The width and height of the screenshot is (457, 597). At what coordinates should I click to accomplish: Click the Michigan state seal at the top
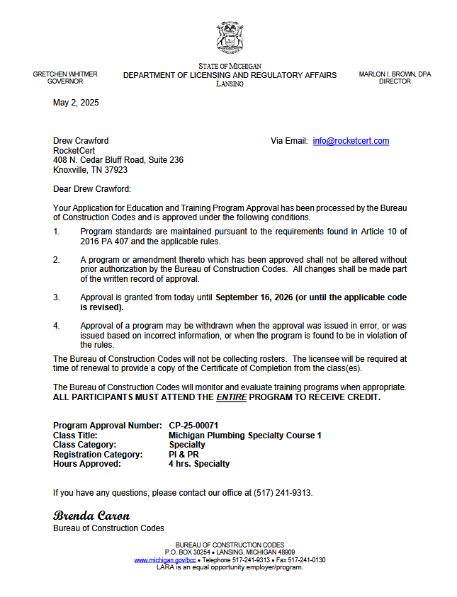(x=230, y=38)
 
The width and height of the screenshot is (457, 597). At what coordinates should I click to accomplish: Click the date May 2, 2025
(x=76, y=103)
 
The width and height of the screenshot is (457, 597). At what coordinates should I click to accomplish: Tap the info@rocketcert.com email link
(x=351, y=141)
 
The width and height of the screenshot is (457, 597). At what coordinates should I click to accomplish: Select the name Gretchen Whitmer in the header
(x=65, y=74)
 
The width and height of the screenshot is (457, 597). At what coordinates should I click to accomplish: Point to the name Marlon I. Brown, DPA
(x=395, y=74)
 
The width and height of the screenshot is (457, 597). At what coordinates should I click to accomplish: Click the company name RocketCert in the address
(x=74, y=151)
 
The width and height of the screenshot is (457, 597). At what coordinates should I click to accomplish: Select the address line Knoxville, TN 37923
(x=91, y=170)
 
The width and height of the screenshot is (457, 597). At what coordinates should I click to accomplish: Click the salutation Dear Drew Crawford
(x=92, y=189)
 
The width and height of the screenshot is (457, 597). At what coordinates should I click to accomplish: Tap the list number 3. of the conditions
(x=57, y=297)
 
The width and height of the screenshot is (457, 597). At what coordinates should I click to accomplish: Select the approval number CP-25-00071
(x=193, y=426)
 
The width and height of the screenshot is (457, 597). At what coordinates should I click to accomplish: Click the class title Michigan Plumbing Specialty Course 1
(x=245, y=436)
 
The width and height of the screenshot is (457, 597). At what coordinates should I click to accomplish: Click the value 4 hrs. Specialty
(x=199, y=464)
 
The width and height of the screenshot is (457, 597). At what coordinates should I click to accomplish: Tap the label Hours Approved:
(x=87, y=464)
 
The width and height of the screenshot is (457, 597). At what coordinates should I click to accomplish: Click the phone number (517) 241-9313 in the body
(x=283, y=493)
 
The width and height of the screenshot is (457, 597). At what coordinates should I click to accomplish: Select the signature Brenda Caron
(x=91, y=515)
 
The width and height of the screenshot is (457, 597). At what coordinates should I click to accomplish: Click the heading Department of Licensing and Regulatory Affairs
(x=230, y=75)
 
